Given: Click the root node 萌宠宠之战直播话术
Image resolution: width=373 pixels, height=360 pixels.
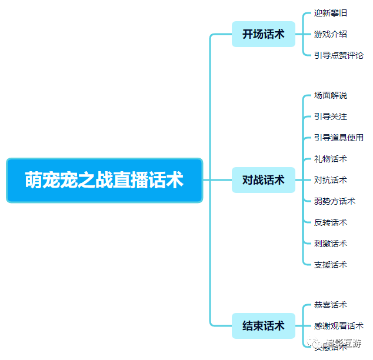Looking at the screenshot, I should [x=104, y=180].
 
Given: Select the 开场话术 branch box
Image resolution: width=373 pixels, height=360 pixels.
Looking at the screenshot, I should [x=263, y=34].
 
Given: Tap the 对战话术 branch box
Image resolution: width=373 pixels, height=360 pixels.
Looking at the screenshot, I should [x=263, y=180].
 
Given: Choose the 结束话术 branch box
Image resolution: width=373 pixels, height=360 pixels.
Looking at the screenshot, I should [x=263, y=326].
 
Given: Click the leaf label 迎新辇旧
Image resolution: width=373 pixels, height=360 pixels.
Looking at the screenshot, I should [x=330, y=13].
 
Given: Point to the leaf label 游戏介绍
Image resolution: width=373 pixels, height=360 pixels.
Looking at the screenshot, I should [x=330, y=34].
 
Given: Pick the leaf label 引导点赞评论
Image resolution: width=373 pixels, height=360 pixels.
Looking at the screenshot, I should [x=338, y=55].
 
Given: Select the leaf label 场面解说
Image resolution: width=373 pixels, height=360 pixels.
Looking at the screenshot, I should [x=330, y=95].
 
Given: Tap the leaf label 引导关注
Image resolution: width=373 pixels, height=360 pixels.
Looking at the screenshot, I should [x=330, y=116].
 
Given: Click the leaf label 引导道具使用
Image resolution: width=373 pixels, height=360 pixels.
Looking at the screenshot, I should [x=338, y=138].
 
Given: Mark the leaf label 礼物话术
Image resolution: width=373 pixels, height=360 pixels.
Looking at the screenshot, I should [x=330, y=159].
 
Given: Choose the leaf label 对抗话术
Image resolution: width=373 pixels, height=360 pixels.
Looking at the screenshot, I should [x=330, y=180].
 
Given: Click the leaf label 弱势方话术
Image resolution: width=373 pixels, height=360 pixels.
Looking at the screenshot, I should [x=334, y=201].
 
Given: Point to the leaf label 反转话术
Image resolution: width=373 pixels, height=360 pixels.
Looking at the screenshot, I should [x=330, y=222].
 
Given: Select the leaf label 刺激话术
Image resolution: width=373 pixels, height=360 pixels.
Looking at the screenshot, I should [x=330, y=244].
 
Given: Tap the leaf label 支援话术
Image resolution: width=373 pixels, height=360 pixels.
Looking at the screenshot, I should [x=330, y=265].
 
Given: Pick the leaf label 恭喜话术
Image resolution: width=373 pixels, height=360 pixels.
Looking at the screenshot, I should [x=330, y=305].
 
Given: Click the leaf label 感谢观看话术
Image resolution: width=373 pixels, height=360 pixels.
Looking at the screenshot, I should [x=338, y=326].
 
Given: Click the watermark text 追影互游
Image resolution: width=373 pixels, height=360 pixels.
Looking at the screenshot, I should [x=345, y=343].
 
